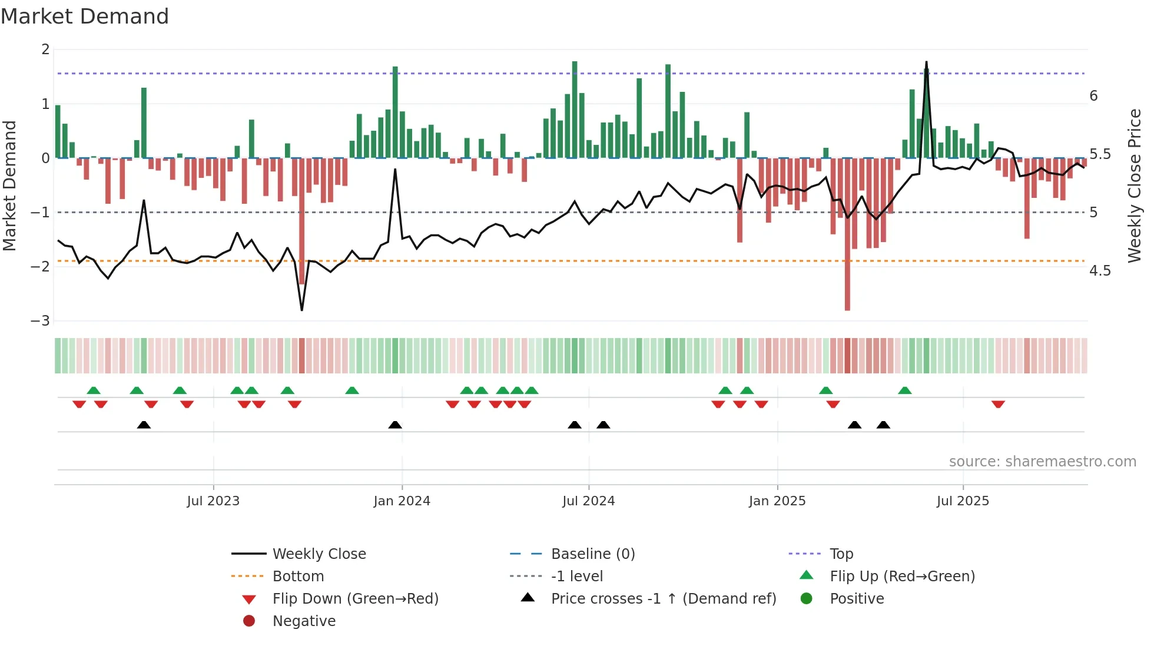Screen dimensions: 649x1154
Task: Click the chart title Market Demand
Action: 85,16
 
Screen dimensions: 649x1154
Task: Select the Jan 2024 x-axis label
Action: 402,501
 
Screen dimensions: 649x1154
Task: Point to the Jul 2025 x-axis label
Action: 963,501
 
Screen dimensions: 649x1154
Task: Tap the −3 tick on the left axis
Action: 41,321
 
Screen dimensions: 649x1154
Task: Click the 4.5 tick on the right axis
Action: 1099,271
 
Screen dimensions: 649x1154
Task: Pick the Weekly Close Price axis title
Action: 1134,186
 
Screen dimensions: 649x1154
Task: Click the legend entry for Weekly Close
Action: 319,554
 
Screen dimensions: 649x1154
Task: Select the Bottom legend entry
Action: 298,577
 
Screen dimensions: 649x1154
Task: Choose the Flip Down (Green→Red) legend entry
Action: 355,599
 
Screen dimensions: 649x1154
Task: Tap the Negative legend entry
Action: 304,621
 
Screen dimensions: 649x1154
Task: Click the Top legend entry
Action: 841,554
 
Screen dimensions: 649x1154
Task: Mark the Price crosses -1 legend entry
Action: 663,599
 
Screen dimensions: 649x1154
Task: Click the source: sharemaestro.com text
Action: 1042,462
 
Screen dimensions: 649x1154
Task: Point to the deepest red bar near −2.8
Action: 847,236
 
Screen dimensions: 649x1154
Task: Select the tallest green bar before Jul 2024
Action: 575,109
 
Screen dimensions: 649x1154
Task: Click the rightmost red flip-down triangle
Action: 998,404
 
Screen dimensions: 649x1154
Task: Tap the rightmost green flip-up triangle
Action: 905,390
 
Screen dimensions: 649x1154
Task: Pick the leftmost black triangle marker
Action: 144,425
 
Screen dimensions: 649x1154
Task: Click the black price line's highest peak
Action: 926,62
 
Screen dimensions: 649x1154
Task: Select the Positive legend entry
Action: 856,599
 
